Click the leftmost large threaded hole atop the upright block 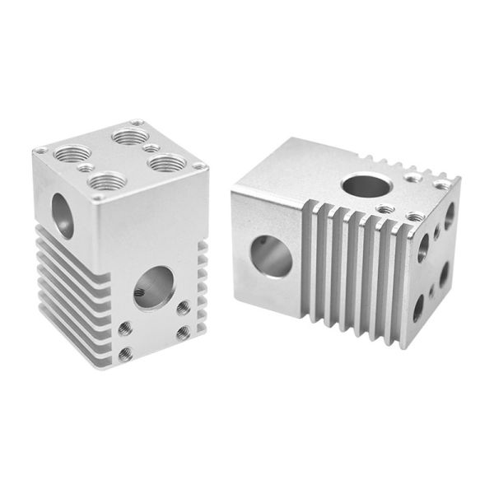point(72,153)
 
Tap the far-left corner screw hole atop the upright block point(40,151)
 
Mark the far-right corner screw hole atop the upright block point(198,168)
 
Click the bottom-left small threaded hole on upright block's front point(125,354)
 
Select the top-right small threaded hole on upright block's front point(182,308)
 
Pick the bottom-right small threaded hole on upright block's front point(182,331)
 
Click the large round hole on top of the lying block point(359,185)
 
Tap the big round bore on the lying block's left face point(272,255)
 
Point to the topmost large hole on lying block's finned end point(450,216)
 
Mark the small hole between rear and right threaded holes point(151,148)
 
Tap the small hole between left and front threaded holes point(84,168)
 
